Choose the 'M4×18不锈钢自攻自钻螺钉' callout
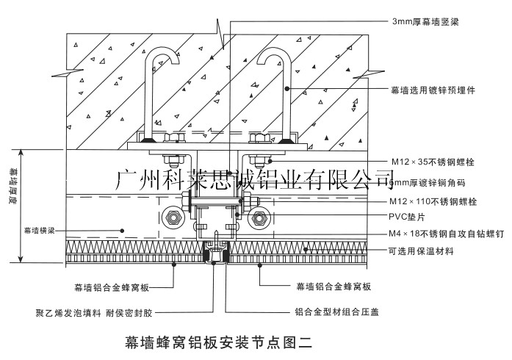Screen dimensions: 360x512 (446, 234)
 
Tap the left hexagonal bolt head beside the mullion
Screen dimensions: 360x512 (173, 217)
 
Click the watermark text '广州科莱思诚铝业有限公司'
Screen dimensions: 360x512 (256, 178)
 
